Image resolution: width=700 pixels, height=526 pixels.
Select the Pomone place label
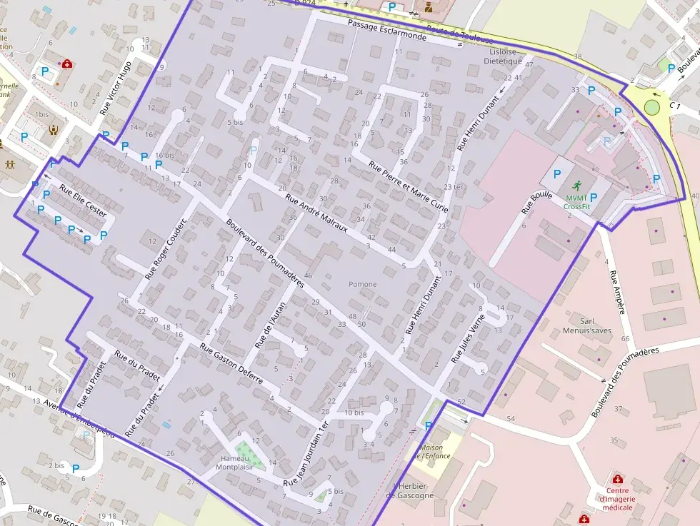362,284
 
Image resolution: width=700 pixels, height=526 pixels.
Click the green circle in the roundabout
651,107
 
